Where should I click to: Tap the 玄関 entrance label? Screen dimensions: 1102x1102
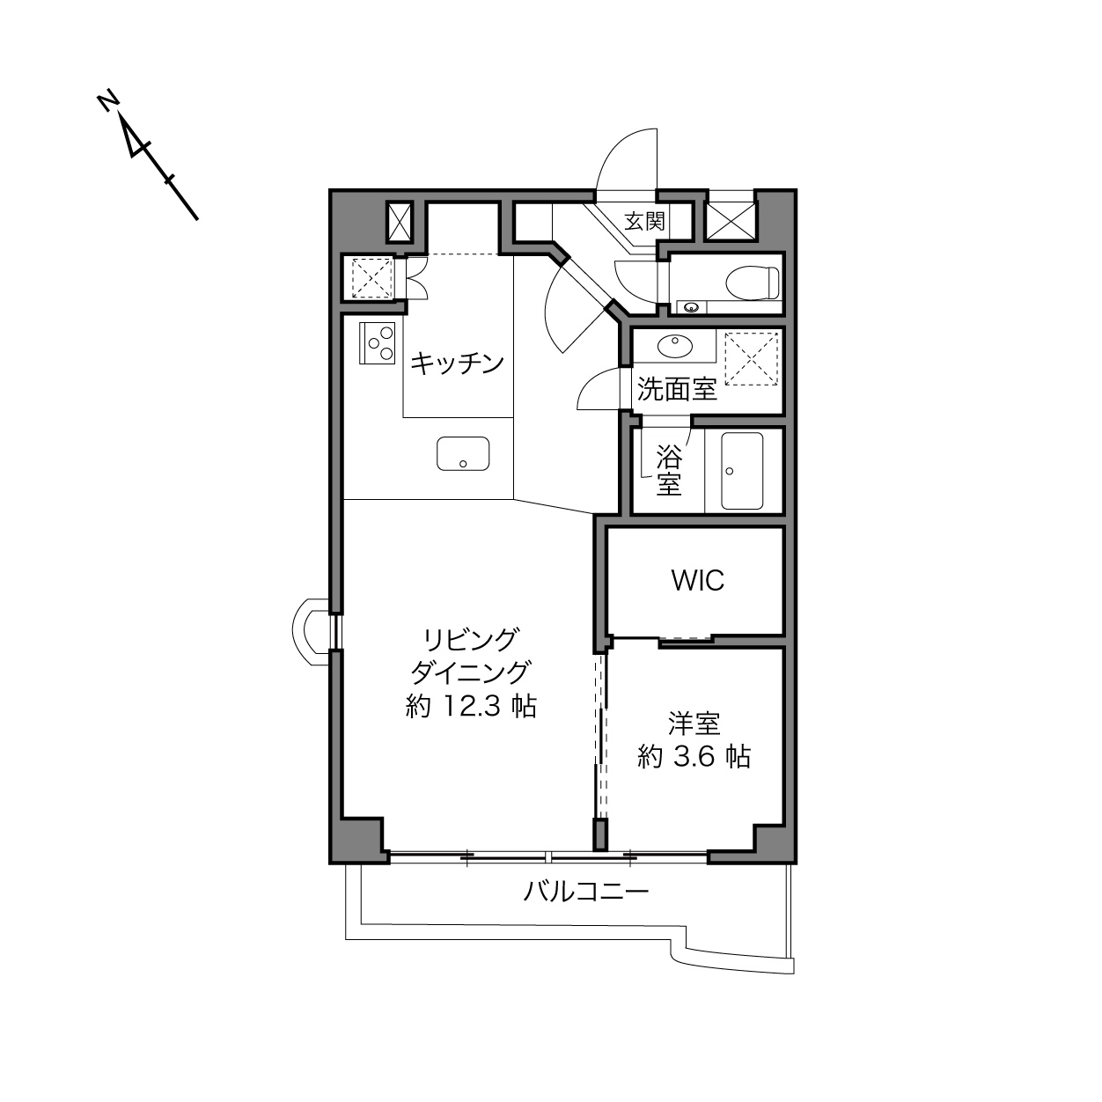(645, 221)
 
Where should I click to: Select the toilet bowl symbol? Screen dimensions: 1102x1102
(753, 283)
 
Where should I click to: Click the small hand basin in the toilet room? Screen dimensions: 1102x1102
(692, 308)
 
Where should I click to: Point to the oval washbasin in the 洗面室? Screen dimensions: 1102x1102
(675, 346)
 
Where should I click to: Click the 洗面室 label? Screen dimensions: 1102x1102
(677, 389)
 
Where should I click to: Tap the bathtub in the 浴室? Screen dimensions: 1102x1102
(742, 471)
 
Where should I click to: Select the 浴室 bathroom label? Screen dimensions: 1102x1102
(669, 471)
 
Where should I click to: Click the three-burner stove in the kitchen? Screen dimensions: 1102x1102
(378, 343)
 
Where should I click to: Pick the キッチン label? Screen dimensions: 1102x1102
(458, 364)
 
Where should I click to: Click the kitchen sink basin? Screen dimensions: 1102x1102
(463, 454)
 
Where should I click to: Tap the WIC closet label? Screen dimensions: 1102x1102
(698, 580)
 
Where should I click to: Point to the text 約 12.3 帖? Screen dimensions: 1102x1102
(471, 707)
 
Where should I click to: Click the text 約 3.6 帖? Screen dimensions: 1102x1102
(694, 757)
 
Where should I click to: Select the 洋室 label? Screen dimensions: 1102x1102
(694, 724)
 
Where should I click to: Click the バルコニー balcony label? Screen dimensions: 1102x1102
(586, 891)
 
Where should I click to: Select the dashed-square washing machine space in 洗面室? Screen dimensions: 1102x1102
(752, 358)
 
